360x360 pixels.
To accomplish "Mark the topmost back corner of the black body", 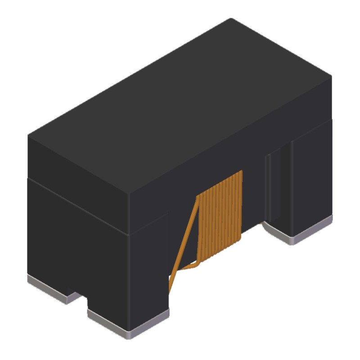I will tap(231, 18).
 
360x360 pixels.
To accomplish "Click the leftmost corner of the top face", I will tap(28, 135).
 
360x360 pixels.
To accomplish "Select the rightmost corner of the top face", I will tap(332, 76).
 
